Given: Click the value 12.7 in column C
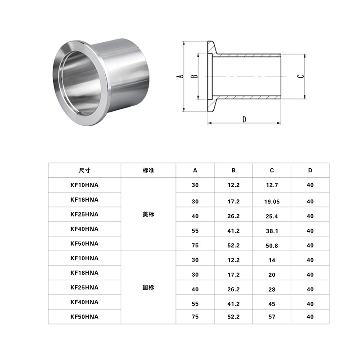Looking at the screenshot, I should tap(272, 185).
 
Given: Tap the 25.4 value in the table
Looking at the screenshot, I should tap(272, 216).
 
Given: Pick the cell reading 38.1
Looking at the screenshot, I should tap(272, 231).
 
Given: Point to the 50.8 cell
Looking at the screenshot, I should tap(272, 246).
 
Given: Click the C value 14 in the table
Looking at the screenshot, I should tap(272, 260).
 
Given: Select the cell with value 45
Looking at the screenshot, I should tap(272, 304).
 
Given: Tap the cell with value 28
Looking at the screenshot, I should tap(272, 289).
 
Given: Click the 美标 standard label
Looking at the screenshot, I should tap(148, 215).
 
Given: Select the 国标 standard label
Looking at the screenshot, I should tap(148, 287).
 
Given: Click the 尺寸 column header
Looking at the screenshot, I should tap(85, 171).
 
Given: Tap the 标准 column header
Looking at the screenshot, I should tap(148, 171).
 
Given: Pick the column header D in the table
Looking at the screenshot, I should tap(310, 171).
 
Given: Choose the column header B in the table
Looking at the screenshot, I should tap(234, 171).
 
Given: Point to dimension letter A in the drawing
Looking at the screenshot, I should tap(179, 76).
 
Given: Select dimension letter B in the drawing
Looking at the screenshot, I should tap(194, 76).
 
